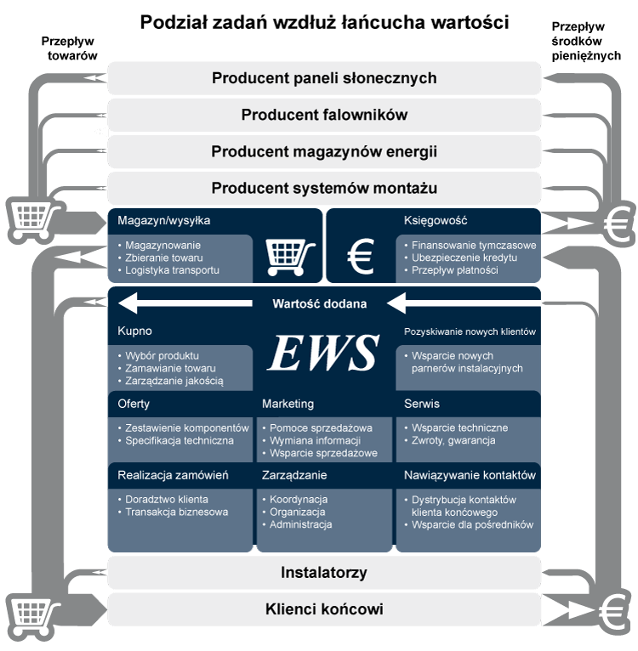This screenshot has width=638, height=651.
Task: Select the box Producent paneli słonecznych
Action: pyautogui.click(x=324, y=78)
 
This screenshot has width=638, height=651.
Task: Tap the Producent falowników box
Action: pyautogui.click(x=324, y=115)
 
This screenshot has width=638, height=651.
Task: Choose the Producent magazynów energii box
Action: pyautogui.click(x=324, y=151)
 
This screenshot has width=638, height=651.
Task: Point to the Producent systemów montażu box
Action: pyautogui.click(x=324, y=188)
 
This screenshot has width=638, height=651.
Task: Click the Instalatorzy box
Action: pyautogui.click(x=324, y=572)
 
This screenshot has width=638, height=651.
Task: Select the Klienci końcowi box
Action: pyautogui.click(x=324, y=609)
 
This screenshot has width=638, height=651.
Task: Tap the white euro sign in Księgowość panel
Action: pyautogui.click(x=362, y=256)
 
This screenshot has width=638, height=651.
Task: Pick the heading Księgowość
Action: pyautogui.click(x=436, y=221)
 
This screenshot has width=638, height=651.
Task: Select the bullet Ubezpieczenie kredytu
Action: pyautogui.click(x=464, y=258)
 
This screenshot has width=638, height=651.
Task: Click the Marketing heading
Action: pyautogui.click(x=288, y=404)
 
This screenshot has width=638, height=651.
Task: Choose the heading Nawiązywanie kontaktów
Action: pyautogui.click(x=470, y=475)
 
